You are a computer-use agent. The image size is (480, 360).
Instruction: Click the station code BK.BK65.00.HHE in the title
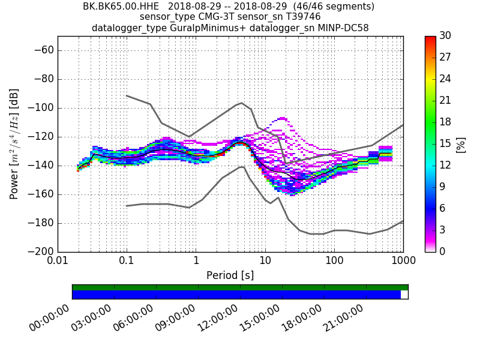click(121, 7)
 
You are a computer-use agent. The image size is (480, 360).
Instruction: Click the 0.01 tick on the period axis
click(58, 262)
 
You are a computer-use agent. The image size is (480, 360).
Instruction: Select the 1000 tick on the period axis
click(403, 262)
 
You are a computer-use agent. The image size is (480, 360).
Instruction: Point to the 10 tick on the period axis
click(265, 262)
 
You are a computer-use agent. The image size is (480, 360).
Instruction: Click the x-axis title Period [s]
click(230, 275)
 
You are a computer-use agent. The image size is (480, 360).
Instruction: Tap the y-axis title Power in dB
click(14, 144)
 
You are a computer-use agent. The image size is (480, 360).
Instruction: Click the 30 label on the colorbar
click(445, 36)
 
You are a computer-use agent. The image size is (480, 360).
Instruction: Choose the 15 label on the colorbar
click(445, 143)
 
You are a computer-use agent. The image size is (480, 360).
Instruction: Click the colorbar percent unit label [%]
click(461, 144)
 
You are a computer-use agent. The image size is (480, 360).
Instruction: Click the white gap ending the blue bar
click(404, 295)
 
